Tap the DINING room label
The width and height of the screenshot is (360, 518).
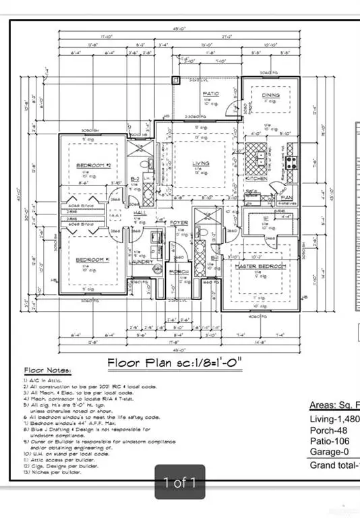[271, 96]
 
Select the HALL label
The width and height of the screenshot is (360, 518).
[140, 212]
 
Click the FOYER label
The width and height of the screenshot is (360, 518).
[179, 222]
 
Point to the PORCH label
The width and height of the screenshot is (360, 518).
[179, 272]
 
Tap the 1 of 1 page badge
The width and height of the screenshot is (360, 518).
[179, 482]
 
